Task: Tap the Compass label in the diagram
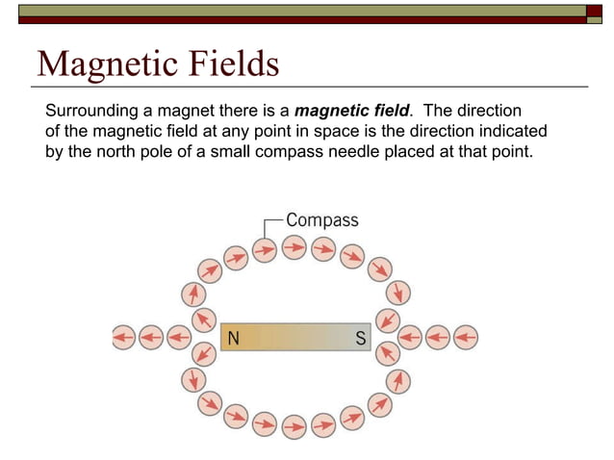pos(322,220)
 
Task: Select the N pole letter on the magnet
pos(232,338)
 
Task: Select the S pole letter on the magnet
pos(360,338)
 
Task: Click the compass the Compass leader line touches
pos(264,250)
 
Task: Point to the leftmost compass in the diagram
pos(123,338)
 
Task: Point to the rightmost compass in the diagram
pos(466,338)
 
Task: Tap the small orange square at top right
pos(595,12)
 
